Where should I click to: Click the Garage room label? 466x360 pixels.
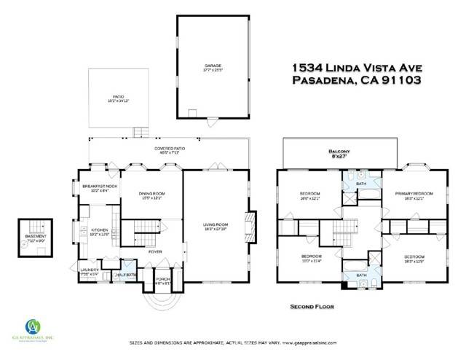tap(212, 67)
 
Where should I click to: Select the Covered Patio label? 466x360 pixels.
tap(167, 151)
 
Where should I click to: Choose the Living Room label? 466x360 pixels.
tap(216, 226)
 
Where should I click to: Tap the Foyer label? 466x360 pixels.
tap(155, 251)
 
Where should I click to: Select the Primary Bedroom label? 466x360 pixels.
tap(414, 195)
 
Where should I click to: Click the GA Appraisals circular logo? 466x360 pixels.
tap(33, 326)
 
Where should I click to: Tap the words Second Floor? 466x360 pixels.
tap(311, 307)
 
